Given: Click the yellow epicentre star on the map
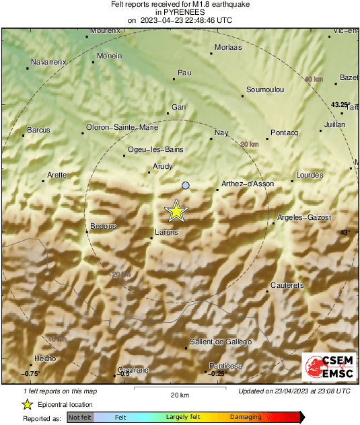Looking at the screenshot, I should click(x=176, y=211).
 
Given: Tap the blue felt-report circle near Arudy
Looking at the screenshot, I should click(x=186, y=185).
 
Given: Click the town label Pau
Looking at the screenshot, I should click(x=184, y=73).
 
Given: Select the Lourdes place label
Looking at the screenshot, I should click(x=310, y=176).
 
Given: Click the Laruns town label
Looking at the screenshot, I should click(x=166, y=232).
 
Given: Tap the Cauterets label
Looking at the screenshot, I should click(x=287, y=286).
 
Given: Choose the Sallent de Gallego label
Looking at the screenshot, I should click(x=221, y=342).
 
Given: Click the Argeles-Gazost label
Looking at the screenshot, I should click(x=305, y=218).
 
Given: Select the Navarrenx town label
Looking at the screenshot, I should click(x=48, y=62).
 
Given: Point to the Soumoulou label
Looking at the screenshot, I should click(x=265, y=89).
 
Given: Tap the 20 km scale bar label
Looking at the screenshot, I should click(x=179, y=395).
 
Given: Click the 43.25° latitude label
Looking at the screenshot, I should click(x=340, y=105).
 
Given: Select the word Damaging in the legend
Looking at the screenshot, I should click(x=246, y=418).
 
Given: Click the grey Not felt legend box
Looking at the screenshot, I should click(x=80, y=418).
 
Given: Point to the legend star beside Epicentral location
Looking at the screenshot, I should click(x=27, y=404).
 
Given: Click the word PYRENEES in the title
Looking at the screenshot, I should click(x=179, y=12).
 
